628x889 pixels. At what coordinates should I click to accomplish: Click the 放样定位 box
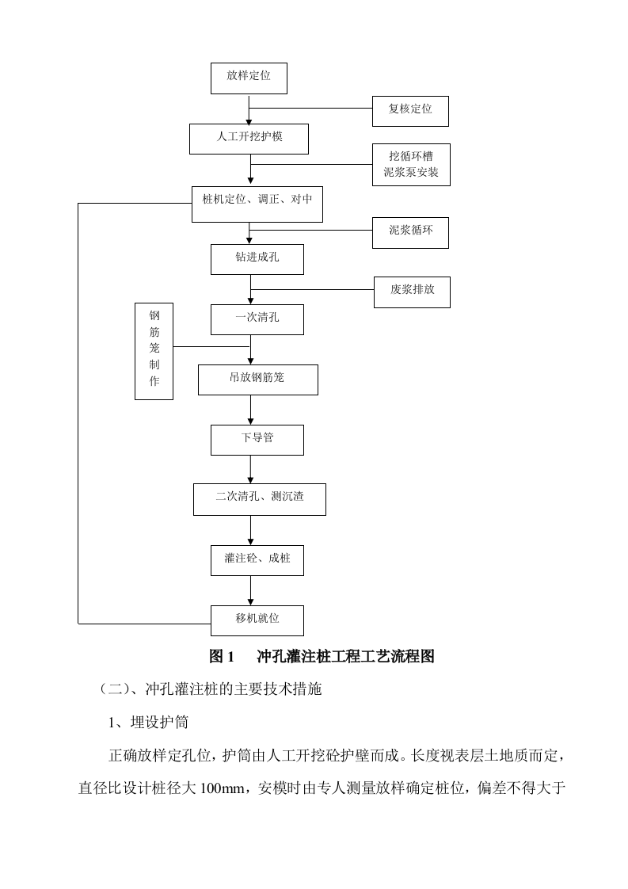click(248, 78)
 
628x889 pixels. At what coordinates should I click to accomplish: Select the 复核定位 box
click(410, 111)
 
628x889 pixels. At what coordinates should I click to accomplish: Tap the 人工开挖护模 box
click(249, 139)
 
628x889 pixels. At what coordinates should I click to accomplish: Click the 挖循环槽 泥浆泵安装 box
click(411, 165)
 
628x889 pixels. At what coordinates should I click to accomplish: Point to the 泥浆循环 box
click(410, 232)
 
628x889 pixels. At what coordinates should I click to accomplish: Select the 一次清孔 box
click(257, 319)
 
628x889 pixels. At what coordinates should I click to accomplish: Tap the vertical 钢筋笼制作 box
click(154, 351)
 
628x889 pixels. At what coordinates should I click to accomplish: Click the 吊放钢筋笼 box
click(257, 380)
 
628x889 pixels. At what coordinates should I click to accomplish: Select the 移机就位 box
click(257, 620)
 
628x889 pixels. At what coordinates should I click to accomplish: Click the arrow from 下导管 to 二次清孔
click(251, 469)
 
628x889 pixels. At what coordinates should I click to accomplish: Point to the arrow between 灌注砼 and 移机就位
click(251, 590)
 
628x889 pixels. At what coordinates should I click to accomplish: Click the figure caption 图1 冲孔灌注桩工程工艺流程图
click(322, 657)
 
